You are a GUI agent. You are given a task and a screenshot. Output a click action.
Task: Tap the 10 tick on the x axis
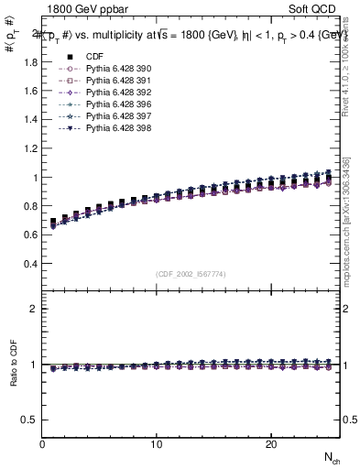pos(157,444)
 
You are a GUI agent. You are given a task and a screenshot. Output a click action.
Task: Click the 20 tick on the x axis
pos(271,444)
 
